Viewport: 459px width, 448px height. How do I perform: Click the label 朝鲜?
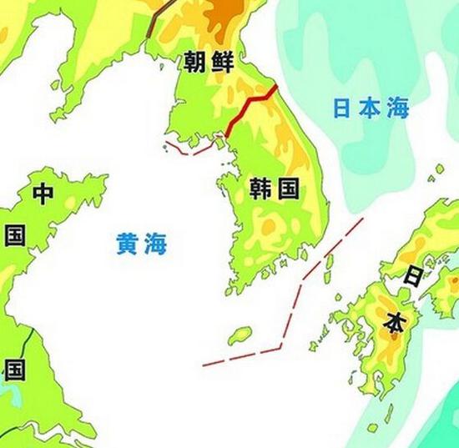[211, 62]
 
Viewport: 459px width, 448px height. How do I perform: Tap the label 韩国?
[274, 189]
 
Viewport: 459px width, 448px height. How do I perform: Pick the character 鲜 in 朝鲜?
[224, 62]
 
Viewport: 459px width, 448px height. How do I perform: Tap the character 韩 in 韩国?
[260, 189]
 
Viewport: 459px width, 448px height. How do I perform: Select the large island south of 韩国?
[240, 335]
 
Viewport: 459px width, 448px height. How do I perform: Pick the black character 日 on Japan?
[412, 279]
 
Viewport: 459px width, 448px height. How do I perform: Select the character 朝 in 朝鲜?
[198, 62]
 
